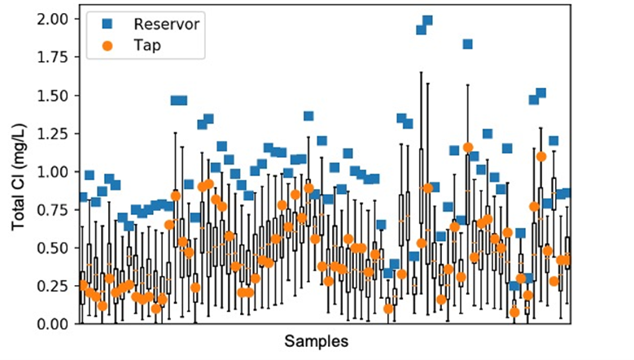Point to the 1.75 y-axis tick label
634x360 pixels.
pyautogui.click(x=55, y=57)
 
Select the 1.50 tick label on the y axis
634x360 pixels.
pyautogui.click(x=55, y=95)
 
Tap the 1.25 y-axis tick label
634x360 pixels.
pyautogui.click(x=55, y=134)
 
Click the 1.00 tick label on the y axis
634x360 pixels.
pyautogui.click(x=55, y=172)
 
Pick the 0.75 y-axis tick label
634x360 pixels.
pyautogui.click(x=55, y=210)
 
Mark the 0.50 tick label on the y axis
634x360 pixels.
pyautogui.click(x=55, y=248)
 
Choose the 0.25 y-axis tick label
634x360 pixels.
pyautogui.click(x=55, y=286)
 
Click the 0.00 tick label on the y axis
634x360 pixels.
pyautogui.click(x=55, y=324)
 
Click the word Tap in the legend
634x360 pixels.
pyautogui.click(x=146, y=46)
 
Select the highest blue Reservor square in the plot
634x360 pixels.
pyautogui.click(x=427, y=20)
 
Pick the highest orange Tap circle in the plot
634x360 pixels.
pyautogui.click(x=468, y=147)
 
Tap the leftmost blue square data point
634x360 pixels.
pyautogui.click(x=82, y=197)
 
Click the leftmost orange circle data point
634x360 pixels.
pyautogui.click(x=82, y=284)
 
